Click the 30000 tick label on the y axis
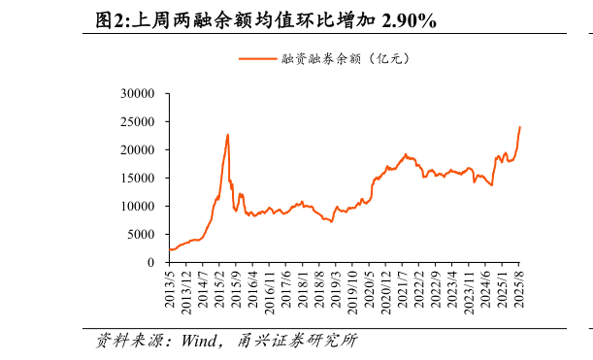pos(139,94)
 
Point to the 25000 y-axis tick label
pos(139,122)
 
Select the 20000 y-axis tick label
pos(139,150)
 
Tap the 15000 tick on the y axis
pos(139,179)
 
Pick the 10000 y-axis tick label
pos(139,207)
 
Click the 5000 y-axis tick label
pos(142,235)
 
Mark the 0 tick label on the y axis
pos(151,262)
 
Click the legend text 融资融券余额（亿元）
pos(346,59)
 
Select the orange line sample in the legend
pos(257,59)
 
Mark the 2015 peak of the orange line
pos(227,135)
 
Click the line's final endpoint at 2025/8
pos(519,127)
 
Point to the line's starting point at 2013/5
pos(169,249)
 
